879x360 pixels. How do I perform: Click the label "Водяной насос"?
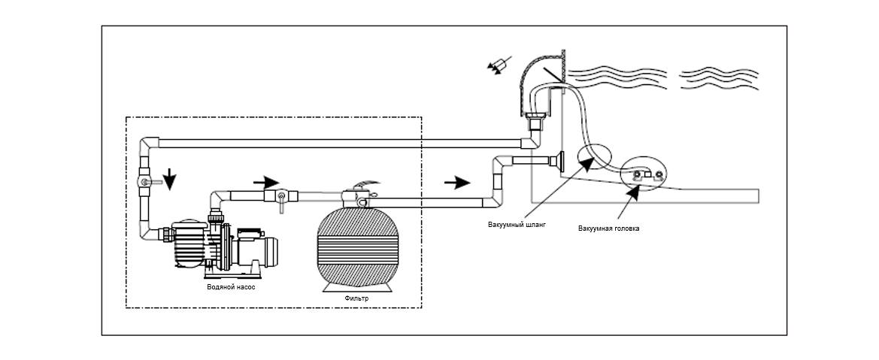click(x=231, y=286)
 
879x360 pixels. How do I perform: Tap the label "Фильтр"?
click(x=356, y=298)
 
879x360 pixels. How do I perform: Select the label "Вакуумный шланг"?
click(x=517, y=224)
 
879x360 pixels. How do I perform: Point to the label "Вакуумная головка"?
click(x=609, y=228)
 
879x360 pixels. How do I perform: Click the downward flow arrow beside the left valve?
click(x=169, y=180)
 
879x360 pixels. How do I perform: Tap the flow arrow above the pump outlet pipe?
click(x=265, y=182)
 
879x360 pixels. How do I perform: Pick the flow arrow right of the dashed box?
click(x=457, y=182)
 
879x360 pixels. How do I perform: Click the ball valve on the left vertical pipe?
click(x=145, y=182)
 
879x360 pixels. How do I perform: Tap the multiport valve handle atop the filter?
click(x=365, y=184)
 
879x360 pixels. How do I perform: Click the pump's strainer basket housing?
click(x=189, y=244)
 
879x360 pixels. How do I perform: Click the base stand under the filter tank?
click(x=357, y=286)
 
